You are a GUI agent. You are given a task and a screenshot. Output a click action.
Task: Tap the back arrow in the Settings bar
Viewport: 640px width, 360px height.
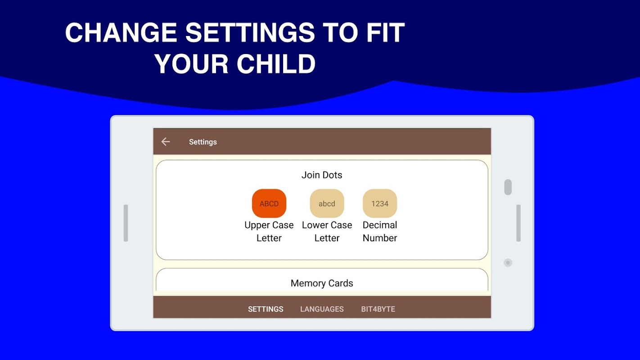coord(166,141)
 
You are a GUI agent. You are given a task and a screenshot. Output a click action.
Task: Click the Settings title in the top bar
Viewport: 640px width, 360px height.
coord(203,142)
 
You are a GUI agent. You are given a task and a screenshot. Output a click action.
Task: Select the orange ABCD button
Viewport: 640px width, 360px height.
coord(269,203)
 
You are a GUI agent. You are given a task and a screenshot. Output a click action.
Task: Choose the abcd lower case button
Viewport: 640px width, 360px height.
coord(327,203)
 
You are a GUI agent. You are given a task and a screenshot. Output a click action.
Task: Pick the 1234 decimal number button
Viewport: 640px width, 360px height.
coord(380,203)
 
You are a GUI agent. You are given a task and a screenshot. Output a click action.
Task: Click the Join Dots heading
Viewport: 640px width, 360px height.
coord(322,175)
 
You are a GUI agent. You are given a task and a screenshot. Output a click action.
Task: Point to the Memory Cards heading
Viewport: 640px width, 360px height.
coord(322,283)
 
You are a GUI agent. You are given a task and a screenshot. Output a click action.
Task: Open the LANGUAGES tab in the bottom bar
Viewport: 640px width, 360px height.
coord(322,309)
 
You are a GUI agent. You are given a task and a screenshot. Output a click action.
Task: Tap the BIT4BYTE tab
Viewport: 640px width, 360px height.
coord(378,309)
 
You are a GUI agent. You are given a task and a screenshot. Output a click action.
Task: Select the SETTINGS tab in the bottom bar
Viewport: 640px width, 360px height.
coord(266,309)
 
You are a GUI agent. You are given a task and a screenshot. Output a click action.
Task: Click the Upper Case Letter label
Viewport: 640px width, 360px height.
coord(269,231)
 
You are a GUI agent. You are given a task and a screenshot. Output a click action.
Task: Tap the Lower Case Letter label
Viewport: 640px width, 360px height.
coord(327,231)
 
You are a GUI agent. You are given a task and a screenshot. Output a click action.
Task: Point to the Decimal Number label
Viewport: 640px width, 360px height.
coord(380,231)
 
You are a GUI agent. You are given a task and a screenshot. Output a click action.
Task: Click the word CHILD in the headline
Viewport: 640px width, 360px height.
coord(276,64)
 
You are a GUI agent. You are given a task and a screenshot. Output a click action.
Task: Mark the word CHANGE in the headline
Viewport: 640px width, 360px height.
coord(121,32)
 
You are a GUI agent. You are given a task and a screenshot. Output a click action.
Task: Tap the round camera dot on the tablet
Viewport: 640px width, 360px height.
coord(508,262)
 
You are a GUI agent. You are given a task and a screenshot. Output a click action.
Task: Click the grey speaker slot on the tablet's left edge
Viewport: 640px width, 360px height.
coord(126,223)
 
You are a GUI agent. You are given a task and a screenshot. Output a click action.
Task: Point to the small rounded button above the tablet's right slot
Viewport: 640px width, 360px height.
coord(508,187)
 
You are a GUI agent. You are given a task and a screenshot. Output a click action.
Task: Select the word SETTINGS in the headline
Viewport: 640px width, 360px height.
coord(250,32)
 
